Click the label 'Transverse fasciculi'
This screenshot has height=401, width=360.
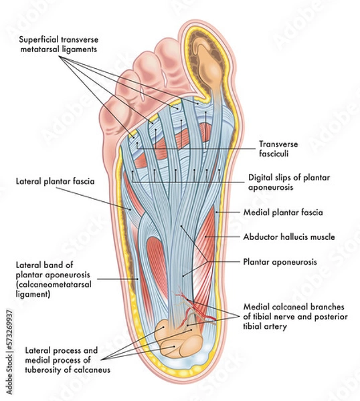[278, 148]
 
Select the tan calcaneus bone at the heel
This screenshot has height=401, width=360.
[177, 338]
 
